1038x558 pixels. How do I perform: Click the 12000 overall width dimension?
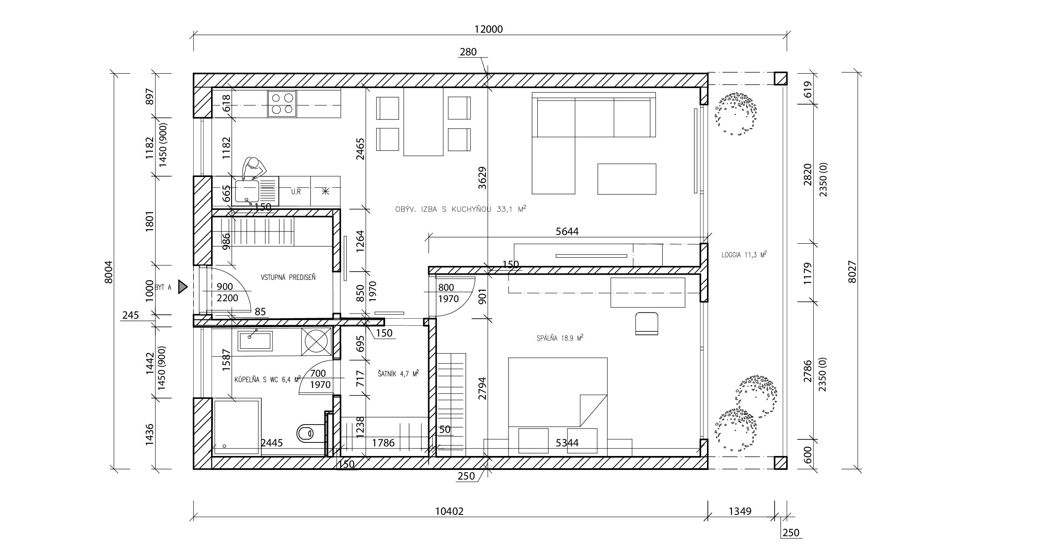pos(488,29)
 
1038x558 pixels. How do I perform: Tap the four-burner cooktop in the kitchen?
pos(282,104)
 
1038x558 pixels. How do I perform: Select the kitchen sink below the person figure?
pos(247,192)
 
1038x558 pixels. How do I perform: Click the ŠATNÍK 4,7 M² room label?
pos(398,374)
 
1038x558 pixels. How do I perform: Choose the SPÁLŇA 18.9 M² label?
pos(560,338)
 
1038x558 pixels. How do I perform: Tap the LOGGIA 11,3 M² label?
pos(744,255)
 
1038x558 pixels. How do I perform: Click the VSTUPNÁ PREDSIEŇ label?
pos(288,277)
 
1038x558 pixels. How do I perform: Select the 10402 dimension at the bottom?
pos(449,511)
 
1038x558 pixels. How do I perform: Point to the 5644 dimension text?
pos(567,231)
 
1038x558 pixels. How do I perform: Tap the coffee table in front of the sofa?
pos(627,179)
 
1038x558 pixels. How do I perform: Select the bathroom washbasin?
pos(255,341)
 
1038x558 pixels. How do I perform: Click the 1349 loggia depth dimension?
pos(740,511)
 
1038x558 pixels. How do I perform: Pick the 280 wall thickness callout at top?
pos(468,52)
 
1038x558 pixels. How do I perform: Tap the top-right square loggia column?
pos(781,78)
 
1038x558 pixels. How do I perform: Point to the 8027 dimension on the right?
pos(852,272)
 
